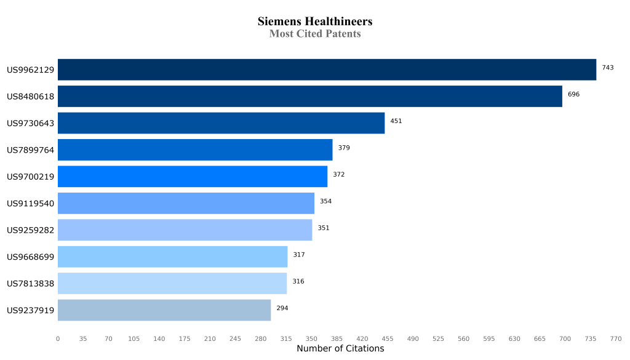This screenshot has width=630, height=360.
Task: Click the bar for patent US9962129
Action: point(327,70)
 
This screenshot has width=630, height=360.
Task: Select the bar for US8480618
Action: point(310,97)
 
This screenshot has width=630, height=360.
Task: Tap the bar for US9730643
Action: point(221,123)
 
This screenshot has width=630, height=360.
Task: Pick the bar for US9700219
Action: point(193,177)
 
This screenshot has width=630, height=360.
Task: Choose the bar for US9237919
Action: point(164,310)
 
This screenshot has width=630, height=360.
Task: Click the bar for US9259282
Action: point(185,230)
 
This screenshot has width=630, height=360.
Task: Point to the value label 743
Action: point(608,68)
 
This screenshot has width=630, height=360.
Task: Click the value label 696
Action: point(573,94)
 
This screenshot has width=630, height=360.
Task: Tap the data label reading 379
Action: point(344,148)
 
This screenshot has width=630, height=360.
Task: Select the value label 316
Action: point(298,281)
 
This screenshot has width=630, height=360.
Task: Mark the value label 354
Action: point(325,201)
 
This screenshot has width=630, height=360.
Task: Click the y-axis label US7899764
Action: point(31,150)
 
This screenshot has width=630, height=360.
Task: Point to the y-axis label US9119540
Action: point(31,204)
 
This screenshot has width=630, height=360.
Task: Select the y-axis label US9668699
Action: point(31,257)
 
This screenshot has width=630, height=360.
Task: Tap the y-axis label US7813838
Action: point(31,284)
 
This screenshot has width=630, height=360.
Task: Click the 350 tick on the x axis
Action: point(311,338)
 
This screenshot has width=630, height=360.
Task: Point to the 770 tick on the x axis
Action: point(616,338)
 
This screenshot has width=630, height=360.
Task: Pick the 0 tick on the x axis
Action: point(58,338)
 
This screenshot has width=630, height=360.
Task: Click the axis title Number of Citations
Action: point(340,349)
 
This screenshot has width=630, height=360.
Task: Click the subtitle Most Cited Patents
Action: point(315,34)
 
